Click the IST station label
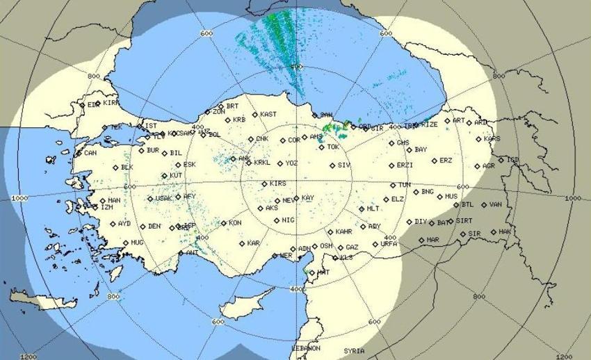tap(150, 126)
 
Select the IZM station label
tap(106, 207)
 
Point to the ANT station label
tap(192, 253)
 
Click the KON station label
tap(235, 223)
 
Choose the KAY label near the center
tap(307, 198)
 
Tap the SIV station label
tap(343, 165)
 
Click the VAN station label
tap(495, 204)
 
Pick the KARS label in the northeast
tap(492, 138)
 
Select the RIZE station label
tap(429, 124)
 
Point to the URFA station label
tap(389, 244)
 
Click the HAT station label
tap(323, 272)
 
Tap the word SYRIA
tap(354, 351)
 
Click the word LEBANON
tap(305, 347)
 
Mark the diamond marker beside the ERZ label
tap(434, 161)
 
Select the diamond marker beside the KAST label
tap(254, 114)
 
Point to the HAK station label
tap(505, 231)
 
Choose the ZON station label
tap(218, 111)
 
